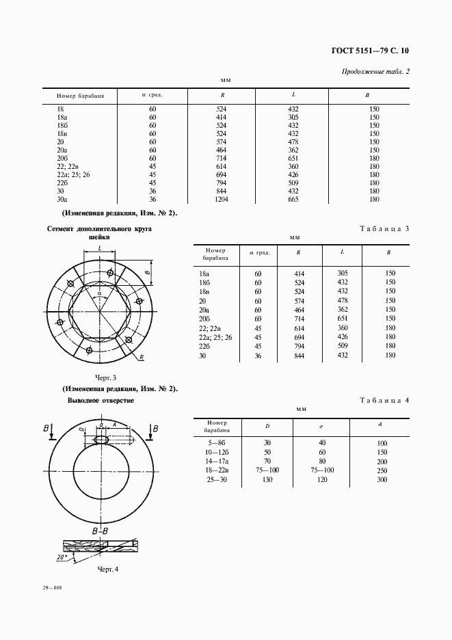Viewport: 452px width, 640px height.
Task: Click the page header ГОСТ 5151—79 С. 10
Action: pos(370,50)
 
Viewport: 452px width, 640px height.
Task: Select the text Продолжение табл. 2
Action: pos(375,72)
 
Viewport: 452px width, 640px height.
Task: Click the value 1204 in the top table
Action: pos(221,200)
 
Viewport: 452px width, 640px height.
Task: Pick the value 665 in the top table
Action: pos(293,200)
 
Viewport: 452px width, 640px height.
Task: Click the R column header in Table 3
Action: pos(299,253)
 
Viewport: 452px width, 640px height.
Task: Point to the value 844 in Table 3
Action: pos(299,356)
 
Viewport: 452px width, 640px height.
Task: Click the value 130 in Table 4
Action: pos(267,479)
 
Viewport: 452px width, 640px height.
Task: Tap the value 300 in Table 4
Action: pos(382,479)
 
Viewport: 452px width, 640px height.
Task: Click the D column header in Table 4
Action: pos(267,426)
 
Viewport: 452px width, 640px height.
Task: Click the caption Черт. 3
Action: pos(106,377)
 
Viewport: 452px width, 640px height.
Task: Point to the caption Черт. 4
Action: pos(108,568)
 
